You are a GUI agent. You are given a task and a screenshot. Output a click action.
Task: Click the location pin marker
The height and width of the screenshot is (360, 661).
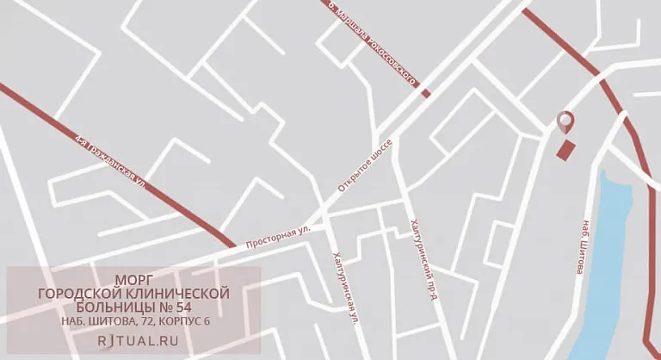(x=565, y=122)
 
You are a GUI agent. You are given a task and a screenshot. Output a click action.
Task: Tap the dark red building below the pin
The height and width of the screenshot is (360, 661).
(x=566, y=151)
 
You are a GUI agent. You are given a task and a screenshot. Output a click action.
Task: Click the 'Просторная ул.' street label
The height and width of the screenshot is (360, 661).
(x=278, y=237)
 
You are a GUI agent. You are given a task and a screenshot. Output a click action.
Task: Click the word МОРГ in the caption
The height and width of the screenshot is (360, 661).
(x=133, y=280)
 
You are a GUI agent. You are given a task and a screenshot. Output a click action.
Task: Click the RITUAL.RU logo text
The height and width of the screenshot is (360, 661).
(x=133, y=341)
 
